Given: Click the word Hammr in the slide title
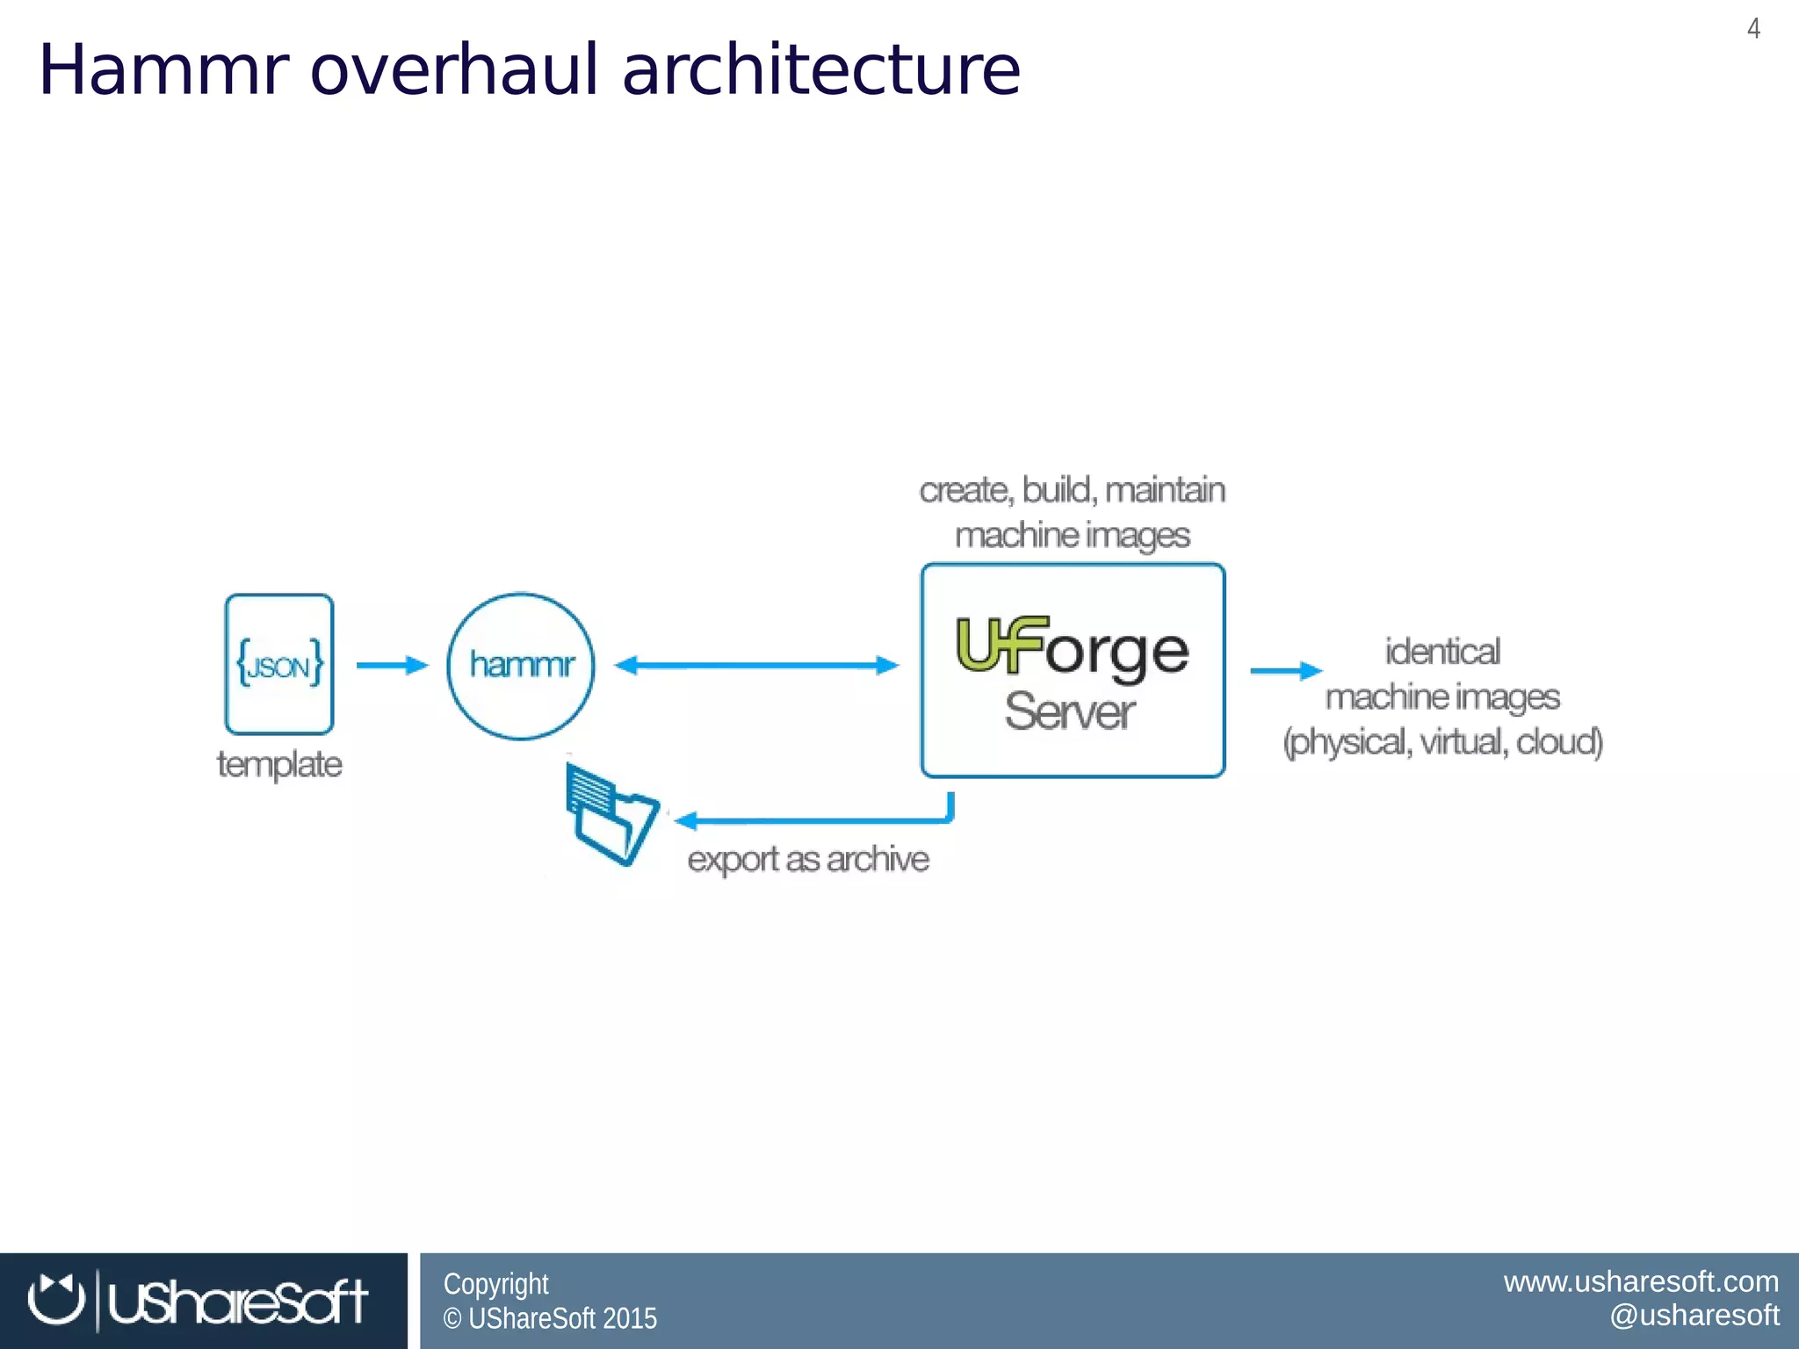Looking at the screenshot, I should pyautogui.click(x=163, y=70).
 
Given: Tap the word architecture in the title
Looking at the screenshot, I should pyautogui.click(x=820, y=70).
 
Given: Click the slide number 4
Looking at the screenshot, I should pyautogui.click(x=1753, y=29).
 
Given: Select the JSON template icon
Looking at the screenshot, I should pyautogui.click(x=279, y=664).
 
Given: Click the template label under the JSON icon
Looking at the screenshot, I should pyautogui.click(x=279, y=764).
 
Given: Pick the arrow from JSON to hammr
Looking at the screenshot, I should pyautogui.click(x=392, y=665).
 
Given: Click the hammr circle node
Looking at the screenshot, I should pyautogui.click(x=521, y=665).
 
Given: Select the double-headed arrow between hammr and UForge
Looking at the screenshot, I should pyautogui.click(x=756, y=665).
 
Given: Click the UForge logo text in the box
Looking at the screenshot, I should pyautogui.click(x=1072, y=647).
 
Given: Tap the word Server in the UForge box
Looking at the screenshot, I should pyautogui.click(x=1070, y=711).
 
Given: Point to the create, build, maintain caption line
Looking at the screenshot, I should pyautogui.click(x=1072, y=490).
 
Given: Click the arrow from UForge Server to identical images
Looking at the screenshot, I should pyautogui.click(x=1286, y=671).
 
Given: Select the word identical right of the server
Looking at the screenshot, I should pyautogui.click(x=1442, y=652).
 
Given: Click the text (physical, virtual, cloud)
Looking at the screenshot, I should pyautogui.click(x=1442, y=742).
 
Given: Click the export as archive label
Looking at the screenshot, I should pyautogui.click(x=808, y=859).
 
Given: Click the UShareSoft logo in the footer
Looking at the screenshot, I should pyautogui.click(x=199, y=1301).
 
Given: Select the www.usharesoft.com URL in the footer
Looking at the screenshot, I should pyautogui.click(x=1641, y=1281).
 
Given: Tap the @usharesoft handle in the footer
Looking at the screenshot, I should pyautogui.click(x=1694, y=1315).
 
